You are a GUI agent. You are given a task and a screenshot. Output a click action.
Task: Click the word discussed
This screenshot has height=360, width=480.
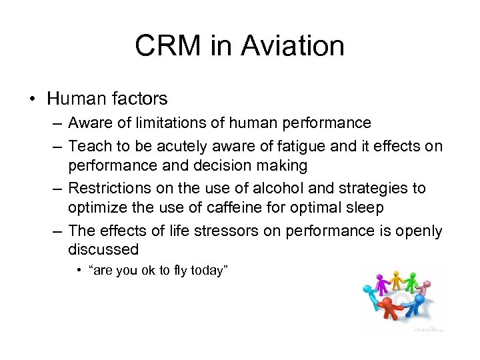[x=103, y=249]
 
